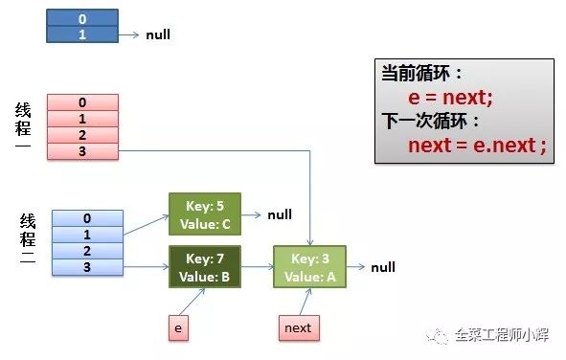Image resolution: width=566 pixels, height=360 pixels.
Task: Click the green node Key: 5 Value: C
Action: tap(204, 214)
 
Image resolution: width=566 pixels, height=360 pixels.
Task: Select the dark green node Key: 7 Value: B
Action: tap(204, 267)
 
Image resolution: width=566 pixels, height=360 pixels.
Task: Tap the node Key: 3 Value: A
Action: tap(309, 267)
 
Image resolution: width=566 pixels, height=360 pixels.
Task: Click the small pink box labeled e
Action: tap(177, 327)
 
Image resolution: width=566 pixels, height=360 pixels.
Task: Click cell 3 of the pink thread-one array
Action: tap(82, 151)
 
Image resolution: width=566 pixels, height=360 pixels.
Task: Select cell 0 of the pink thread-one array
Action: tap(82, 102)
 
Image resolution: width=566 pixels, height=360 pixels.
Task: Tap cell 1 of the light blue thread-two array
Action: tap(87, 235)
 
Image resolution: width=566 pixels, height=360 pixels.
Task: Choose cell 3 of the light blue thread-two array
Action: tap(87, 267)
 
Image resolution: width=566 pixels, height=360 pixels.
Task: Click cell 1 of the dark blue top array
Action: tap(81, 34)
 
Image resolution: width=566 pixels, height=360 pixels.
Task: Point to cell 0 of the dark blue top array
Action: tap(81, 18)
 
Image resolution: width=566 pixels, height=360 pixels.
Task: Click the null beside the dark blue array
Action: tap(158, 34)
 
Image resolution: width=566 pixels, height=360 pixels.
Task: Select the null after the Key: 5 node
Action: tap(280, 214)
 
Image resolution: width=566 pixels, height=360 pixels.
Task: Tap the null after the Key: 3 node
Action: tap(383, 267)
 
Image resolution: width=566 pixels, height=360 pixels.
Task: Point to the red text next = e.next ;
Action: tap(476, 146)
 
